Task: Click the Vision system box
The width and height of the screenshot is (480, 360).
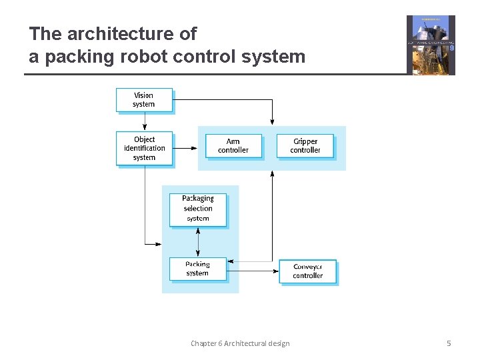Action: [x=144, y=100]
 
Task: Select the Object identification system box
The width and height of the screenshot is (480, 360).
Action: [x=144, y=149]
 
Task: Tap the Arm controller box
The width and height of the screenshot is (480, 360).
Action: [x=233, y=146]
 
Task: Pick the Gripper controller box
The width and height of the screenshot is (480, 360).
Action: [x=305, y=146]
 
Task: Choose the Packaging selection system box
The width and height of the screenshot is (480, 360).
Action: [x=198, y=209]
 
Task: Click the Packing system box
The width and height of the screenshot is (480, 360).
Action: [x=198, y=269]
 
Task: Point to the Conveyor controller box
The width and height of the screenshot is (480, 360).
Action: [x=307, y=271]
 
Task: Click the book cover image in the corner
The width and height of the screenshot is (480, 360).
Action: [x=431, y=45]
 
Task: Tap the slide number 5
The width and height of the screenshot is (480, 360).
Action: [x=449, y=343]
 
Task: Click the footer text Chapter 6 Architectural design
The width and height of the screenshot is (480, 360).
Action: [x=240, y=343]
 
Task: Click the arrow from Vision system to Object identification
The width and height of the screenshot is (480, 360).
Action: [x=144, y=121]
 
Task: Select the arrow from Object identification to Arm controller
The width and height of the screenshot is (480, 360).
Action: [x=185, y=148]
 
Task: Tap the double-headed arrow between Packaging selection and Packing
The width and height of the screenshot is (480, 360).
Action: [x=198, y=243]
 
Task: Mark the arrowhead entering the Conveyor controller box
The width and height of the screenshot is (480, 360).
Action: [x=275, y=271]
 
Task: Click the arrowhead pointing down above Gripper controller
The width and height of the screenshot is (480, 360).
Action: [x=272, y=121]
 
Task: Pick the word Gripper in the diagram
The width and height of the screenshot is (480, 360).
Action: [x=305, y=141]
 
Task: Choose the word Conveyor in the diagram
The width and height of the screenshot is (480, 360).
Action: [x=307, y=267]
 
